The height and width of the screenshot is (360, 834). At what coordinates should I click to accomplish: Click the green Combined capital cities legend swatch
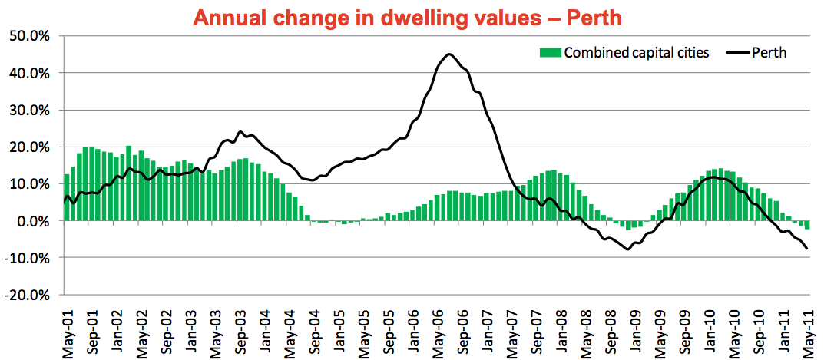(x=551, y=52)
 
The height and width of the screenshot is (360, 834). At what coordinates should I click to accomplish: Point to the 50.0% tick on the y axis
(x=29, y=36)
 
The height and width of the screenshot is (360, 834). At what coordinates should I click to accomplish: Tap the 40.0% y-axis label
(x=29, y=73)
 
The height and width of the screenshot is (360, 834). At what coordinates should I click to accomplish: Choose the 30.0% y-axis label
(x=29, y=110)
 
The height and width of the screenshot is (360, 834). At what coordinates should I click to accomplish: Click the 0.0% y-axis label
(x=32, y=221)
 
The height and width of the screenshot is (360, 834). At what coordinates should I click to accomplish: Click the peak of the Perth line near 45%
(x=449, y=54)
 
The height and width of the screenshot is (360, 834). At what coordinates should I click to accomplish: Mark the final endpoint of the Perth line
(x=807, y=248)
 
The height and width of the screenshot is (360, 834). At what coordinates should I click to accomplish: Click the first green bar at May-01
(x=67, y=197)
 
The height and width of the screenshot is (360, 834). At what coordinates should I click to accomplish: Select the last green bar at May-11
(x=807, y=225)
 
